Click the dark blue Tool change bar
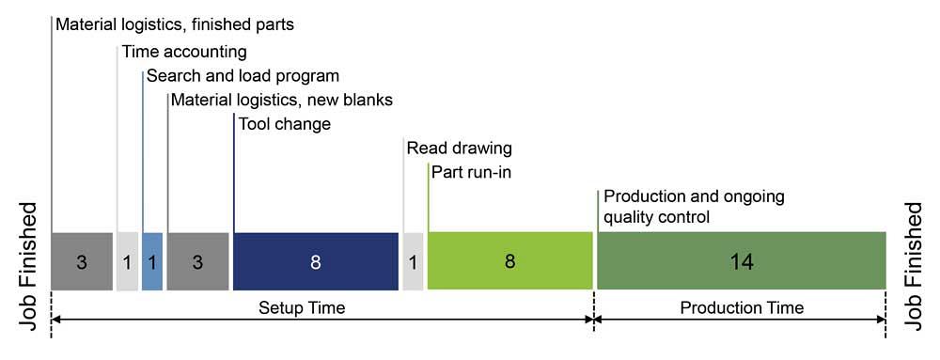click(316, 261)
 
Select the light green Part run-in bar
click(510, 261)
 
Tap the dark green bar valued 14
click(742, 261)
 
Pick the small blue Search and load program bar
click(152, 261)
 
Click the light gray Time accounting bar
click(127, 261)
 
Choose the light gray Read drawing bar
click(413, 261)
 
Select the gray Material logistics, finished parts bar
click(82, 261)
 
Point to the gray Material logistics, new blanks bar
click(197, 261)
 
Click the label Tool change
click(285, 125)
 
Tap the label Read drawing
click(460, 149)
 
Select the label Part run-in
click(471, 173)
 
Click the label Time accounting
click(184, 52)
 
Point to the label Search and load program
click(243, 77)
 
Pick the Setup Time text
click(302, 308)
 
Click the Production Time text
click(742, 308)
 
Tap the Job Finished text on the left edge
click(29, 266)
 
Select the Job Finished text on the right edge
click(913, 266)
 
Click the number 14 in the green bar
click(742, 262)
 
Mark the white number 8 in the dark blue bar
click(316, 262)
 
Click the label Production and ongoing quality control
click(694, 207)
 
